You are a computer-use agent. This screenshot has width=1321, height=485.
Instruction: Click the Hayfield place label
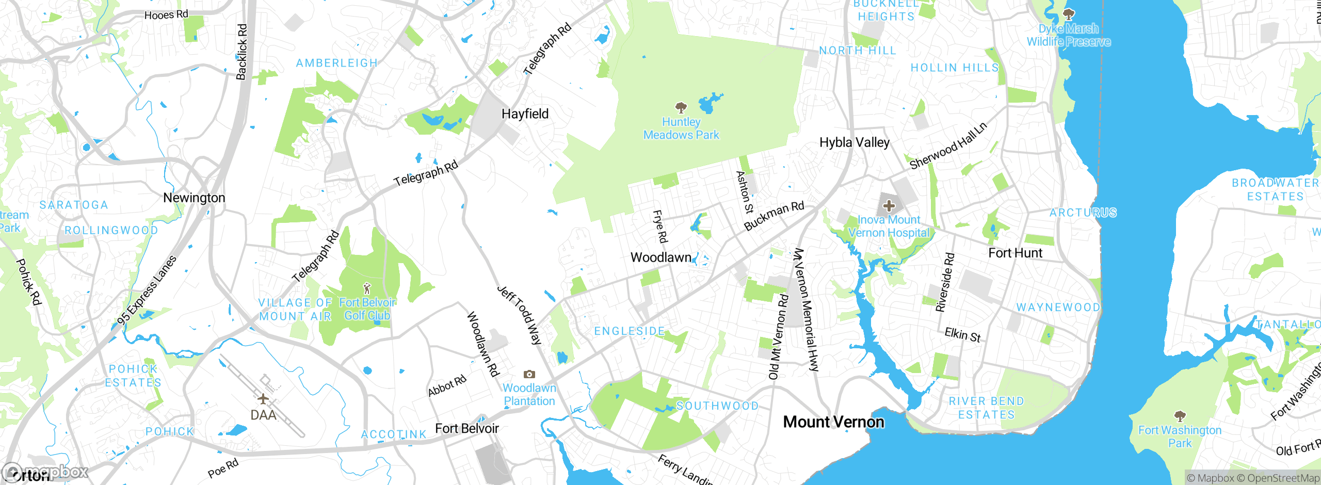click(525, 114)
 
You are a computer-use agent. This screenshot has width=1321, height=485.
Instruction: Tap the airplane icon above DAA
click(263, 399)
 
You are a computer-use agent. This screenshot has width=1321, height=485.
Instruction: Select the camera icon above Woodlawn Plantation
click(529, 375)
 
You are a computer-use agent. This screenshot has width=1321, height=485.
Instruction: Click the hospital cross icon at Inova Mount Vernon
click(889, 206)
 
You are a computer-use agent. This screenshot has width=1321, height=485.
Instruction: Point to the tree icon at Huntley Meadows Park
click(681, 108)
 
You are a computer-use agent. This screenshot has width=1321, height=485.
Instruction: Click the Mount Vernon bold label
click(833, 422)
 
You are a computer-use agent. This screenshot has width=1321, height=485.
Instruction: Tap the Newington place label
click(194, 198)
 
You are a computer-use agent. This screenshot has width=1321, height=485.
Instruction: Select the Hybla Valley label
click(855, 142)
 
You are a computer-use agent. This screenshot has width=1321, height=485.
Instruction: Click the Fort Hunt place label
click(1015, 253)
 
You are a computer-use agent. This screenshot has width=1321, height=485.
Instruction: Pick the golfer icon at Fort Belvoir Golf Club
click(367, 288)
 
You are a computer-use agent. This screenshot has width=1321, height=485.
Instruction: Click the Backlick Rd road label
click(241, 52)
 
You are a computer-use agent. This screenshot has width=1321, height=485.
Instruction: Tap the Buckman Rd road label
click(774, 216)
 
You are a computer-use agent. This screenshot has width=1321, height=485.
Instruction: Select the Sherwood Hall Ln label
click(948, 146)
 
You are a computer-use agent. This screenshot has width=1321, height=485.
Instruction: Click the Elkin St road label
click(962, 335)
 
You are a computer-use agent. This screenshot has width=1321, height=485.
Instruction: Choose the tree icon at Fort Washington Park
click(1180, 416)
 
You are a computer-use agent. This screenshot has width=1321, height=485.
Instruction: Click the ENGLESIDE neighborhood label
click(630, 331)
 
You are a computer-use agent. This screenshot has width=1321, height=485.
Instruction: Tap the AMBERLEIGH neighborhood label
click(336, 63)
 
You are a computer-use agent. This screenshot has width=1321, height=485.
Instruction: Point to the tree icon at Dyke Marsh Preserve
click(1069, 14)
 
